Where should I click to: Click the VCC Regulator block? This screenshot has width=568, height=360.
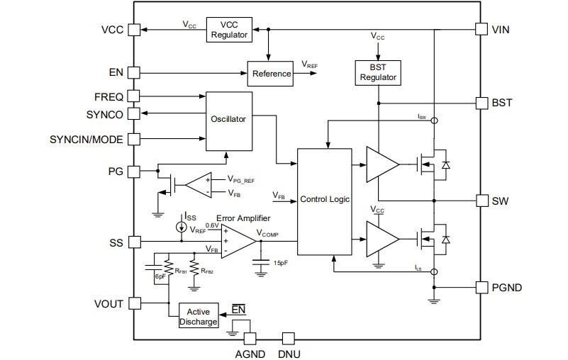[x=228, y=30]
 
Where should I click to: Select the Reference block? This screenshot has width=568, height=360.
[x=269, y=74]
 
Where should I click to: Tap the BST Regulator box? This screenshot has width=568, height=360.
[x=378, y=72]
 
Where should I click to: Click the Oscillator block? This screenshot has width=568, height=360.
[x=228, y=120]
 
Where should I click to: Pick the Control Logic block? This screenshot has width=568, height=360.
[x=325, y=200]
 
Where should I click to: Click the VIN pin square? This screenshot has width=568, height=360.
[x=481, y=30]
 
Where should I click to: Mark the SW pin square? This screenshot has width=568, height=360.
[x=481, y=201]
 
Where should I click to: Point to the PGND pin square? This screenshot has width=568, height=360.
[x=481, y=288]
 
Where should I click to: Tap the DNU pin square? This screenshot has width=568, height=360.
[x=288, y=339]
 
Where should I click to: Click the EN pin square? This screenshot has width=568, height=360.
[x=133, y=73]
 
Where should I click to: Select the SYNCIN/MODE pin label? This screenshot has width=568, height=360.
[x=86, y=139]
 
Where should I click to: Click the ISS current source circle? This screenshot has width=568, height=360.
[x=182, y=227]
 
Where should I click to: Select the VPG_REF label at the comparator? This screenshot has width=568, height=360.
[x=240, y=180]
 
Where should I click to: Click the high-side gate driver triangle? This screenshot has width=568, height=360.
[x=380, y=165]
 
